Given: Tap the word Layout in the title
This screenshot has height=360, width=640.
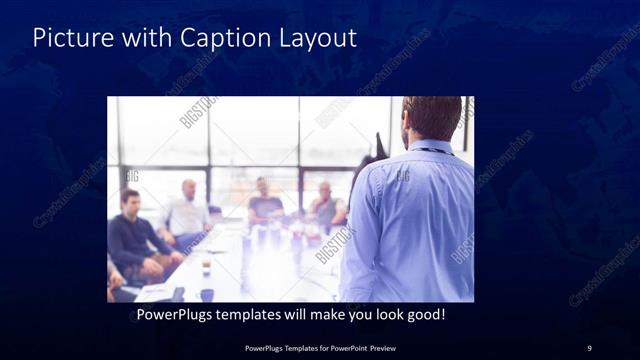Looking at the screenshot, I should click(x=317, y=39).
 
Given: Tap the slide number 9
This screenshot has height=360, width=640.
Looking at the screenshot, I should click(x=589, y=347).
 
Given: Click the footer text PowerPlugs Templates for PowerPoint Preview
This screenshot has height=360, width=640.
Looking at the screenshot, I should click(x=320, y=347).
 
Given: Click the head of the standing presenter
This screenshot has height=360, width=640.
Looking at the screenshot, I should click(x=432, y=118).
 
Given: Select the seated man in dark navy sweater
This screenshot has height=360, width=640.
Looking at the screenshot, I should click(x=135, y=235).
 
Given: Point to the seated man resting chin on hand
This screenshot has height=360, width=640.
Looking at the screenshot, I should click(x=325, y=205).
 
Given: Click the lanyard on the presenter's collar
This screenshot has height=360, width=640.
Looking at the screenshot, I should click(x=430, y=150).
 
